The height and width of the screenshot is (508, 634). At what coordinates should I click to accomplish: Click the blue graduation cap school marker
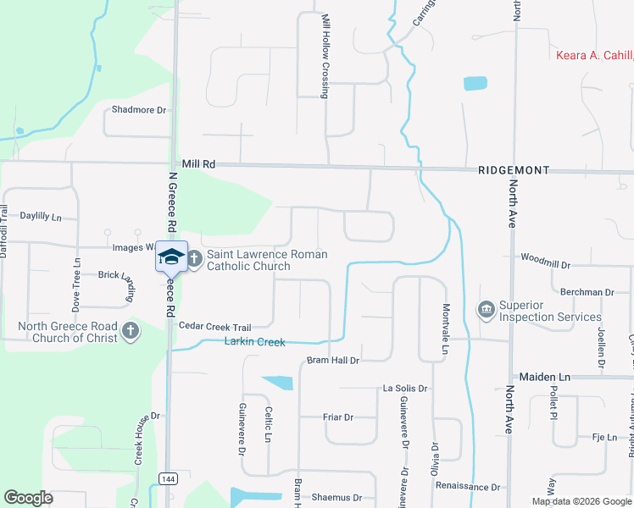pos(171,257)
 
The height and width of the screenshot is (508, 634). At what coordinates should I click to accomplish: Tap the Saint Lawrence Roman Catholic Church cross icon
pos(194,260)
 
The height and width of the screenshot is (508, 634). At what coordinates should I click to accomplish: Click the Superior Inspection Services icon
pos(487,311)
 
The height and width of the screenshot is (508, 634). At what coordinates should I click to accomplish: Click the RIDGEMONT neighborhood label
pos(514,170)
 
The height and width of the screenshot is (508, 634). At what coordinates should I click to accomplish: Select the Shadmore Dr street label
pos(140,110)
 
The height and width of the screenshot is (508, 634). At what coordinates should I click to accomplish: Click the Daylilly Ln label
pos(42,217)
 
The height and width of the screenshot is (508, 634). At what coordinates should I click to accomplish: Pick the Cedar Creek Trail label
pos(214,327)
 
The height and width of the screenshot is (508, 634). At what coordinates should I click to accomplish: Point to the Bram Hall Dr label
pos(333,361)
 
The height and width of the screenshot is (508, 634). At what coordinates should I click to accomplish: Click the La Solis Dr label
pos(405,388)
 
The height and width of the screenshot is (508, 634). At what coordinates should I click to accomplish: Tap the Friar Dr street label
pos(337,417)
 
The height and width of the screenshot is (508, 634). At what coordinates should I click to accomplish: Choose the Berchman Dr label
pos(587,292)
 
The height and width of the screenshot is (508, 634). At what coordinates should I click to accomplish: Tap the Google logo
pos(29,498)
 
